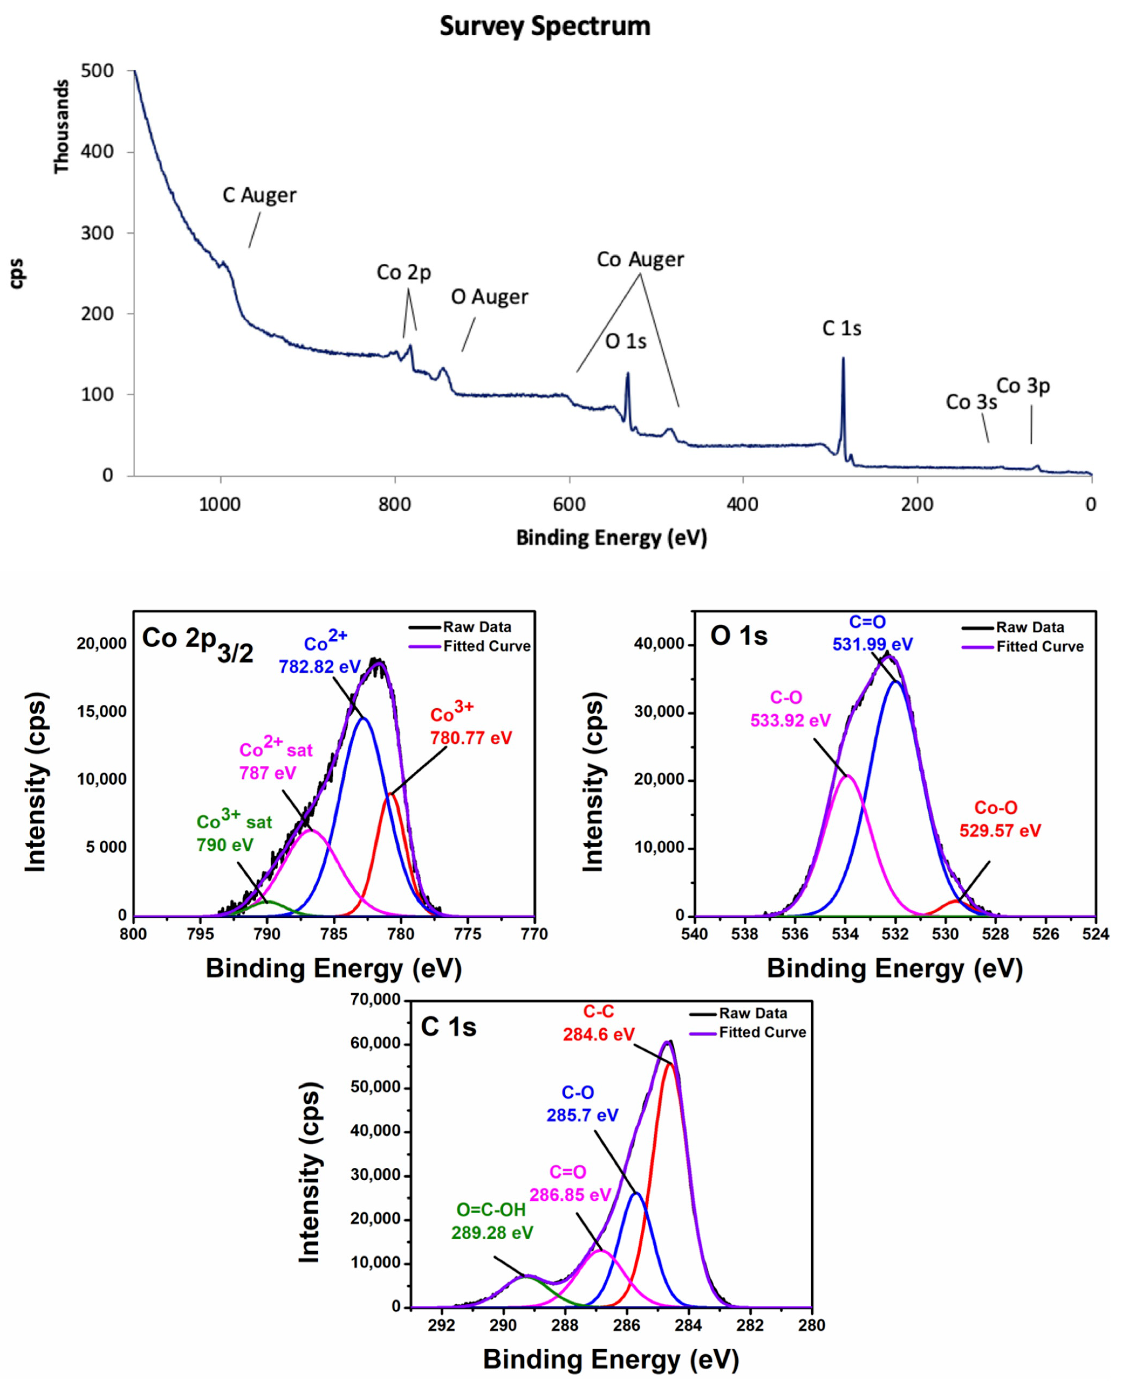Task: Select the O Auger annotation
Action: tap(489, 297)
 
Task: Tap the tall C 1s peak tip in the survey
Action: tap(843, 358)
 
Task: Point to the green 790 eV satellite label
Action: tap(225, 845)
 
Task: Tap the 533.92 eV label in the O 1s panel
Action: tap(790, 720)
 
